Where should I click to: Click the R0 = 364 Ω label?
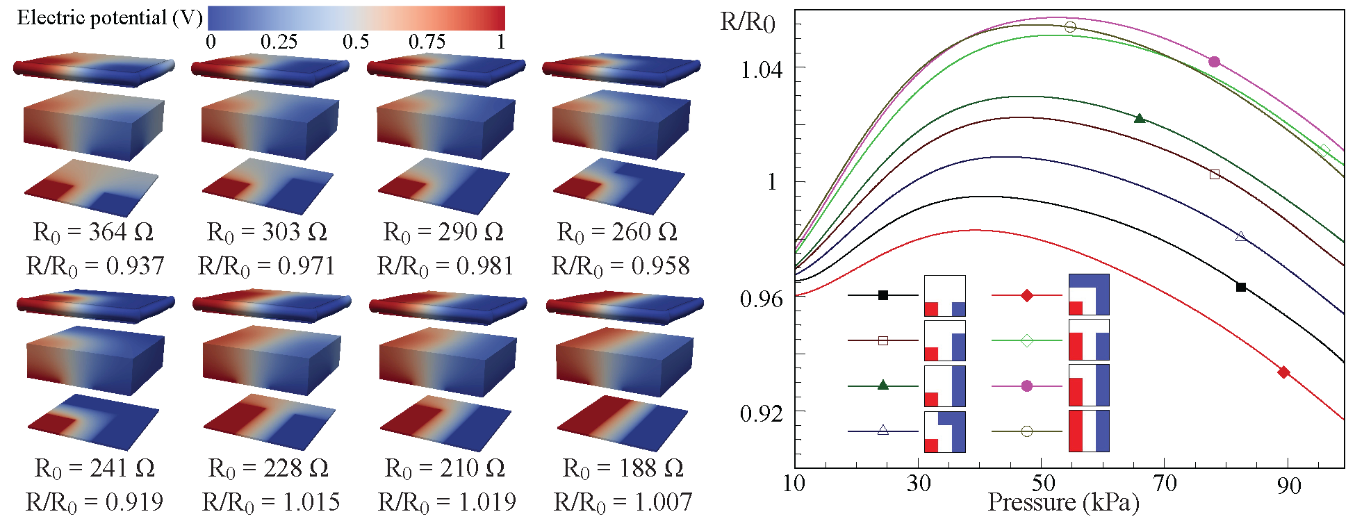point(93,232)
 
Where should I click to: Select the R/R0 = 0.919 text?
point(95,502)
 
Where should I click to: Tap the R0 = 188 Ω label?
point(623,468)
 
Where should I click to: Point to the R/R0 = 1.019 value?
point(446,502)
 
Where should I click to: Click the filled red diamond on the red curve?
point(1283,372)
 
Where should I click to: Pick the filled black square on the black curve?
point(1241,287)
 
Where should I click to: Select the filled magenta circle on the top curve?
point(1214,62)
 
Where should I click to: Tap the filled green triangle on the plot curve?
point(1140,118)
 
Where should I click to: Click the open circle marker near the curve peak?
point(1070,27)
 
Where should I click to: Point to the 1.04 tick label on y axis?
point(761,69)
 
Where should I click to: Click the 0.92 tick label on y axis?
point(761,414)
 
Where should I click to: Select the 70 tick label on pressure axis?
point(1165,483)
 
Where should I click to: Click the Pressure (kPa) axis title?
point(1063,502)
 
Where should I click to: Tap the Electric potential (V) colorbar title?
point(109,18)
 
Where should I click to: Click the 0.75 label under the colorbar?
point(426,42)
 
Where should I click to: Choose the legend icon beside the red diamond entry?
point(1088,295)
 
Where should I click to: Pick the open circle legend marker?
point(1027,431)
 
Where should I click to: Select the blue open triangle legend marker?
point(882,431)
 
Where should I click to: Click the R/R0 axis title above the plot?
point(747,23)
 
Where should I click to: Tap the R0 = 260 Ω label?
point(617,232)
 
